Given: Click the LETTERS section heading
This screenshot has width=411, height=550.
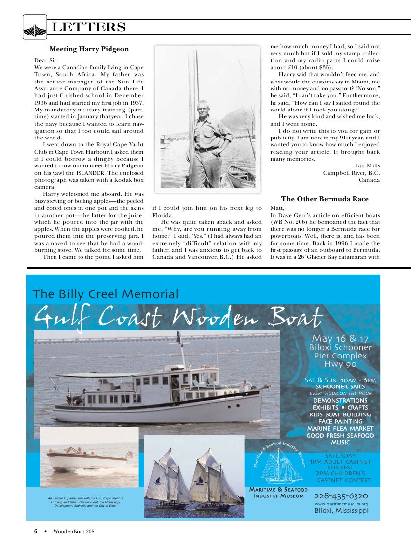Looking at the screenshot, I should tap(89, 27).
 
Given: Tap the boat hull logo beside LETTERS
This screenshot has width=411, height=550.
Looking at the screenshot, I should tap(35, 27).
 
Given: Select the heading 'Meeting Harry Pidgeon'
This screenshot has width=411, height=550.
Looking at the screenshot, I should tap(89, 49).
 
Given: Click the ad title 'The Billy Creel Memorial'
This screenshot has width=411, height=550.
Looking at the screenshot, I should tap(106, 294).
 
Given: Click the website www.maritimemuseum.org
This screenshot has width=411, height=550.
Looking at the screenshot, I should tap(341, 504).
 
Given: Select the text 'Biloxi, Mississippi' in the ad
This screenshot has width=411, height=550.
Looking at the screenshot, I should tap(341, 511).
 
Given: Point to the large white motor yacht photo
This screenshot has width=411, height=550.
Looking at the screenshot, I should tap(157, 383).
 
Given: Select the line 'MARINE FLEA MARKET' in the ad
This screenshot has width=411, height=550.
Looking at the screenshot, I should tap(340, 428).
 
